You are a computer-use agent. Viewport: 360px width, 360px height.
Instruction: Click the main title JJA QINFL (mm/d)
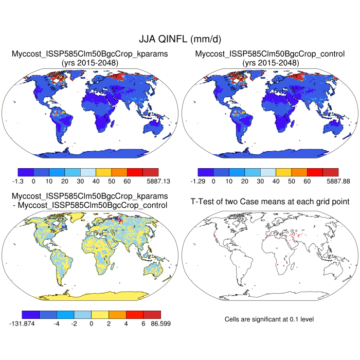pyautogui.click(x=180, y=39)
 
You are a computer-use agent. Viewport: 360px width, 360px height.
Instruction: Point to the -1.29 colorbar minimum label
pyautogui.click(x=199, y=181)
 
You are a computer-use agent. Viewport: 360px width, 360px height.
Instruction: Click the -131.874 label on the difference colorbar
pyautogui.click(x=24, y=323)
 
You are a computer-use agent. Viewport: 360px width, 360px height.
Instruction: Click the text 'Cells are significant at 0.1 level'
pyautogui.click(x=269, y=319)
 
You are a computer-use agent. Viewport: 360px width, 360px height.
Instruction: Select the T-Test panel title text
pyautogui.click(x=270, y=201)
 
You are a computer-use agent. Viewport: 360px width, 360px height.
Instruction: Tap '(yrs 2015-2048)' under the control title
pyautogui.click(x=270, y=62)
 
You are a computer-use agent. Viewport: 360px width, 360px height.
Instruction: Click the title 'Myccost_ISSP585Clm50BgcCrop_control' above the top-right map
pyautogui.click(x=270, y=53)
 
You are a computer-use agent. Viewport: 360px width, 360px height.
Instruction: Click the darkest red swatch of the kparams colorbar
pyautogui.click(x=151, y=172)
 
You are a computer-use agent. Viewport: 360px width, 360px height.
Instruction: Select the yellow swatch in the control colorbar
pyautogui.click(x=284, y=172)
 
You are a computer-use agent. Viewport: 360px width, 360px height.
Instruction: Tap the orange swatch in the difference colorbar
pyautogui.click(x=118, y=314)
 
